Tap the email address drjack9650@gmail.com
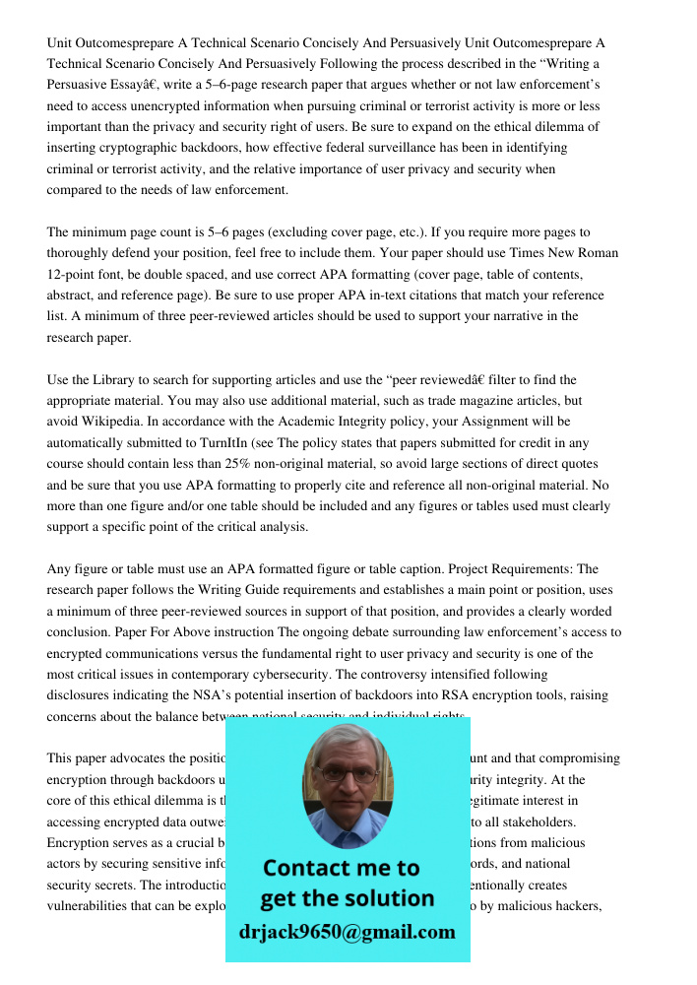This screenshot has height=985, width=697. point(348,932)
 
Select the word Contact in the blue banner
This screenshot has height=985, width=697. point(305,868)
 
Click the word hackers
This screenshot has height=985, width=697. point(576,906)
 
